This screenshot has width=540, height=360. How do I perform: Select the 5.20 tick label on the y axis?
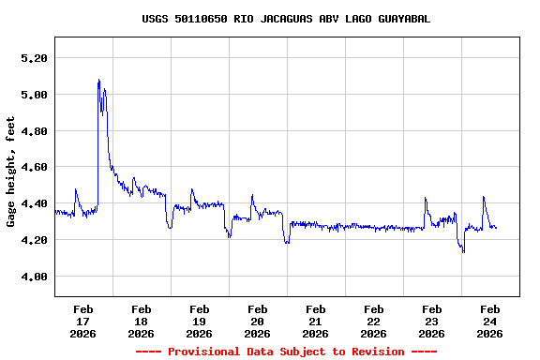pos(34,58)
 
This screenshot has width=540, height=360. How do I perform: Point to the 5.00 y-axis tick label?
pos(34,95)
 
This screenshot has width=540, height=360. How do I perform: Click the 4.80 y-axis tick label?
pos(34,131)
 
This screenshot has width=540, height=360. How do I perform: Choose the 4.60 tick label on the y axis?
pos(34,168)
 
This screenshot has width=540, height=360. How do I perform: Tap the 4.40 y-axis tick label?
pos(34,203)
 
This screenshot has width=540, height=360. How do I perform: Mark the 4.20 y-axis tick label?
pos(34,240)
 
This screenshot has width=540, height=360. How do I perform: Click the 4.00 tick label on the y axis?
pos(34,277)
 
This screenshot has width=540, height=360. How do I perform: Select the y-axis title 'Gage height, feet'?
pos(11,172)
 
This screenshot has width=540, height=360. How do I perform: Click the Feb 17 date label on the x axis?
pos(82,321)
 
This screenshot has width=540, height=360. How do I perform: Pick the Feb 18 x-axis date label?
pos(141,321)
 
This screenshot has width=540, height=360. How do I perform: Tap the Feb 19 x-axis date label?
pos(199,321)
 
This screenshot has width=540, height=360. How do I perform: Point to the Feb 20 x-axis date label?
pos(257,321)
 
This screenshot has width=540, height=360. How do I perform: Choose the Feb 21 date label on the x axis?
pos(315,321)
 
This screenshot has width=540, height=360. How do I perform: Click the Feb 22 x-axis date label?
pos(373,321)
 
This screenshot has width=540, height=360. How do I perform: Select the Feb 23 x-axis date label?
pos(431,321)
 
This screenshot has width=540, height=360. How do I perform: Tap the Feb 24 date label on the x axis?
pos(489,321)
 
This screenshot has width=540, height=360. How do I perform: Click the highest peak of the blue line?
pos(98,81)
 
